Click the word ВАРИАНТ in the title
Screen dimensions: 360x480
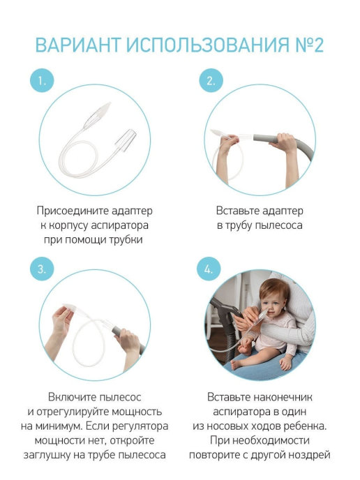[78, 45]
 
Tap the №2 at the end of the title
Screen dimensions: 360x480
[309, 45]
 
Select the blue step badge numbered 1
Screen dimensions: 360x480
[42, 81]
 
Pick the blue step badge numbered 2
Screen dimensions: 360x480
[211, 81]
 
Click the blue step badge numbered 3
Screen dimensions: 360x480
[42, 269]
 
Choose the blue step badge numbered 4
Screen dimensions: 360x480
[209, 269]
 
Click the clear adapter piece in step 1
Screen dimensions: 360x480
[126, 140]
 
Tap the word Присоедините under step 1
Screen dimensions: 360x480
[73, 211]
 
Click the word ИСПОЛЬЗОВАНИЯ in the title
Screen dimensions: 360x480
[207, 45]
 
